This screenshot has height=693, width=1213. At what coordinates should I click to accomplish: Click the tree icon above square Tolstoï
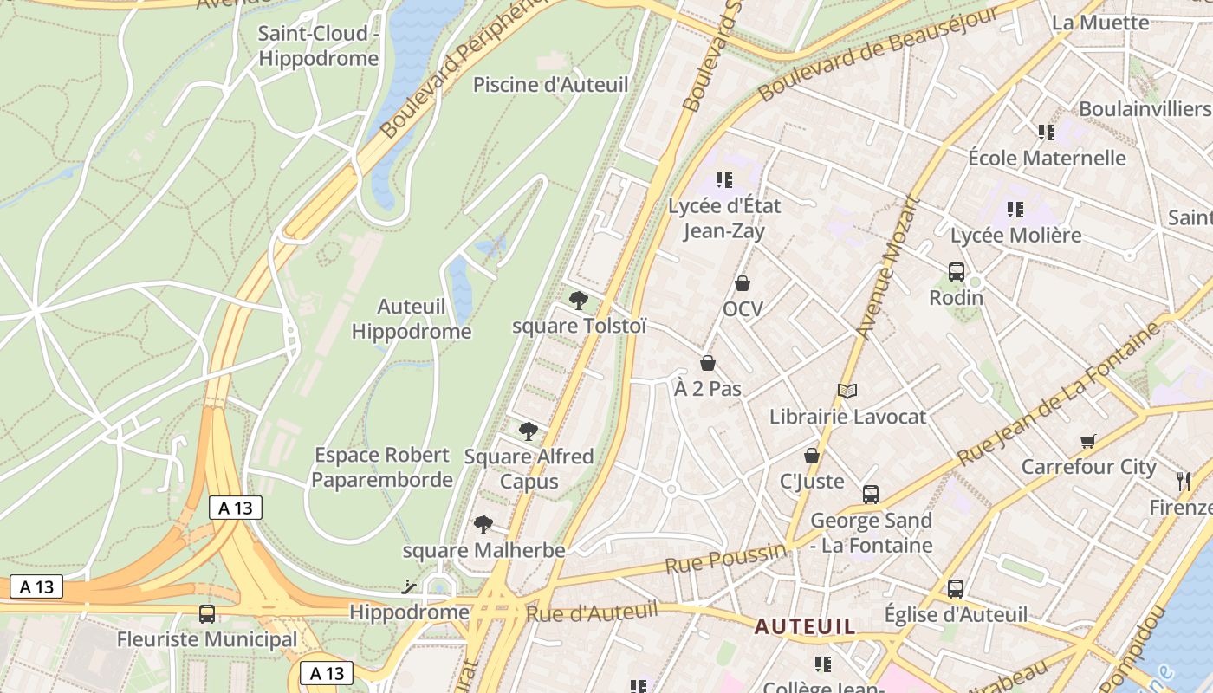pos(579,301)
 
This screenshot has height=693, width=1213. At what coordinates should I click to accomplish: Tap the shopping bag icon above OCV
pos(743,283)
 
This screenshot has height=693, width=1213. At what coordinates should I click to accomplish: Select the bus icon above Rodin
pos(957,272)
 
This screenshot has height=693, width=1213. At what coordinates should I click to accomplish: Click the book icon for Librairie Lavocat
pos(847,391)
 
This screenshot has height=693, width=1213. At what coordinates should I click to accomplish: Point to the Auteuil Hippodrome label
pos(412,319)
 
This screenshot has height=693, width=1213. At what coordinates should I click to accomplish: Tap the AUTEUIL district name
pos(805,626)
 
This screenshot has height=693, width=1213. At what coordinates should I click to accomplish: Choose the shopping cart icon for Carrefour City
pos(1088,441)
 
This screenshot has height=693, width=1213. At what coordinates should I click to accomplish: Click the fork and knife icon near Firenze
pos(1184,481)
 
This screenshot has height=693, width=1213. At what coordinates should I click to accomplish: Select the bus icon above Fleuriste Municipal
pos(207,614)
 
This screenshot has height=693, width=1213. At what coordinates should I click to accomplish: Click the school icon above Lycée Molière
pos(1015,210)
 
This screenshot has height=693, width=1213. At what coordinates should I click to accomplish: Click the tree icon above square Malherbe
pos(483,524)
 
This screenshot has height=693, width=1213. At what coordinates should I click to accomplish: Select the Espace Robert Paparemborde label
pos(382,467)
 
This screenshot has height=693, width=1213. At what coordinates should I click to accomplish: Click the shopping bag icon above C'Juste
pos(812,455)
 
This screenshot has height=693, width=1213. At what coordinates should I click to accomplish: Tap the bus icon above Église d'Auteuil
pos(956,588)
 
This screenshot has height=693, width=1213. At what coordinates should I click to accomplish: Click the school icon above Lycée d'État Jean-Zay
pos(724,180)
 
